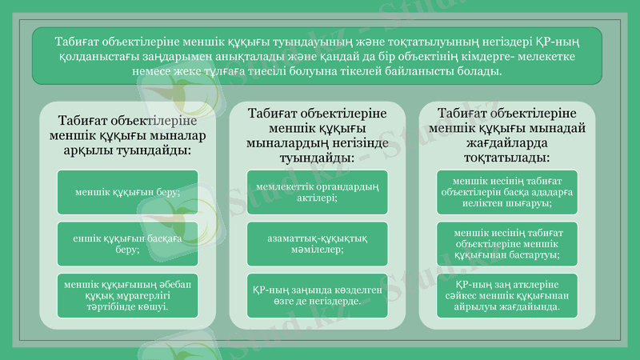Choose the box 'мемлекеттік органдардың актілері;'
click(x=317, y=192)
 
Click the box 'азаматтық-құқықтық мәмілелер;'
click(x=317, y=243)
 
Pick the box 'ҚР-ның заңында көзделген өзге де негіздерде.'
click(x=317, y=295)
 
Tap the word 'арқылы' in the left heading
click(x=85, y=150)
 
